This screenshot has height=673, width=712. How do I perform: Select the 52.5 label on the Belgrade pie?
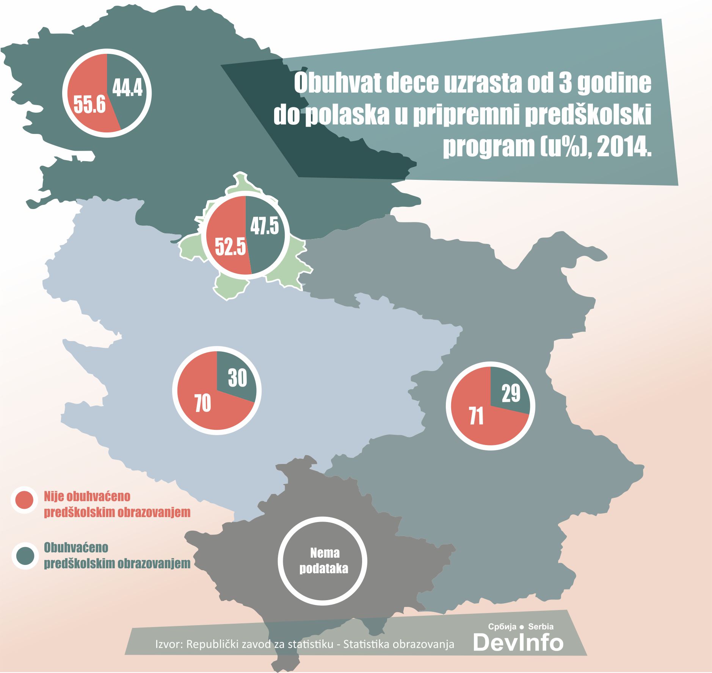tap(231, 247)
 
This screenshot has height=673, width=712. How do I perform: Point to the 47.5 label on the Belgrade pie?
tap(265, 226)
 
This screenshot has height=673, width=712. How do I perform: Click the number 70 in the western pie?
tap(203, 403)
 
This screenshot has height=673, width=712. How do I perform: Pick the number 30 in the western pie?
tap(238, 378)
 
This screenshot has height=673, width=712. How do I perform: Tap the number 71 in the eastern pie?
tap(476, 416)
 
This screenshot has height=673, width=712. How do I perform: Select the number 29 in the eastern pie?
tap(511, 393)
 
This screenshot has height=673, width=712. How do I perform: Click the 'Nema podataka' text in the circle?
tap(324, 561)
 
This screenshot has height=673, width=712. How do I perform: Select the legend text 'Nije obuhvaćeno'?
tap(87, 496)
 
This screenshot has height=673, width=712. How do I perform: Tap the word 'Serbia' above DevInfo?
tap(541, 627)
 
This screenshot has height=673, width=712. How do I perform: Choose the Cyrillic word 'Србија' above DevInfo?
tap(502, 627)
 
